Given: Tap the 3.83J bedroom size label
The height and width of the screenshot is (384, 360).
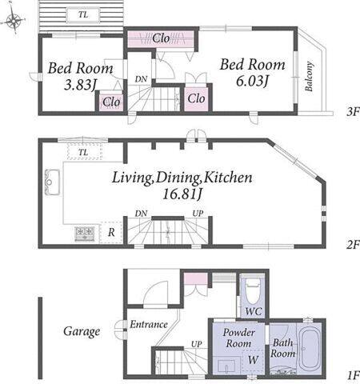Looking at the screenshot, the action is (80, 85).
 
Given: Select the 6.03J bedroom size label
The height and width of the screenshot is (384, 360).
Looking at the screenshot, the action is (252, 81).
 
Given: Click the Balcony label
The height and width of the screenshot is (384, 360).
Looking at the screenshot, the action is (309, 77).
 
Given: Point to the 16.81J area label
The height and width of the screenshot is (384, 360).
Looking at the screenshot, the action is (182, 194).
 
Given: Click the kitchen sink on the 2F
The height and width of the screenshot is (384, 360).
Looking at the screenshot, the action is (52, 182).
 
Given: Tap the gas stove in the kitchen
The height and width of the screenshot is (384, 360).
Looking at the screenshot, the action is (85, 234).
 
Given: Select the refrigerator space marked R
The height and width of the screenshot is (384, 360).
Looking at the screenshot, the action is (111, 232).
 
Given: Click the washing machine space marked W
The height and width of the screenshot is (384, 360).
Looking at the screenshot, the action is (253, 360).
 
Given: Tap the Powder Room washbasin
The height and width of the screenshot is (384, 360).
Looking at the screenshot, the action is (227, 367).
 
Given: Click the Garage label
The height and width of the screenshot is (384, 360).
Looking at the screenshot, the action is (82, 332).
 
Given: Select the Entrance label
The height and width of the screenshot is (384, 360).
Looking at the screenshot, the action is (149, 325).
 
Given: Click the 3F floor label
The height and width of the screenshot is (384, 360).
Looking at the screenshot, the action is (353, 111).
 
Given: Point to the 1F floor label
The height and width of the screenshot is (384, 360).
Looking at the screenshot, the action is (354, 376).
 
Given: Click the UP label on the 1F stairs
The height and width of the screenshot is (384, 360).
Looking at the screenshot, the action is (197, 344).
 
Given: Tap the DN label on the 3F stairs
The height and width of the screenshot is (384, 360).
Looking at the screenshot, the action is (141, 79).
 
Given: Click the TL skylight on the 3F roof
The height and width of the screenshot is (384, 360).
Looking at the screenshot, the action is (83, 14).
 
